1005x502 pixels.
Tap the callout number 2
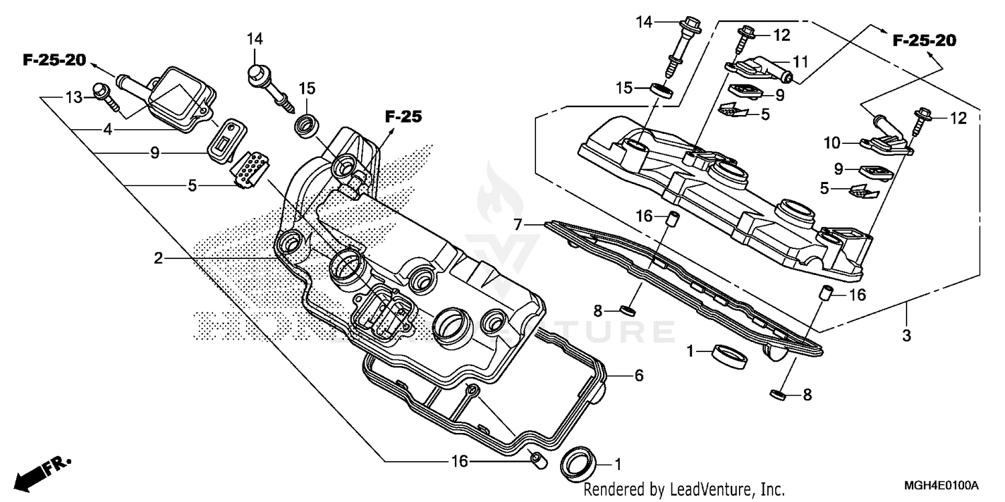(158, 258)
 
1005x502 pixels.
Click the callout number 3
(906, 336)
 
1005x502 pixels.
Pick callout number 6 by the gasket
(639, 375)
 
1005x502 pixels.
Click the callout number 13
(73, 98)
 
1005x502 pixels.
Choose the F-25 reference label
(404, 116)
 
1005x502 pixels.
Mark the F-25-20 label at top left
(54, 60)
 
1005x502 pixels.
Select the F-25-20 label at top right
(924, 41)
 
